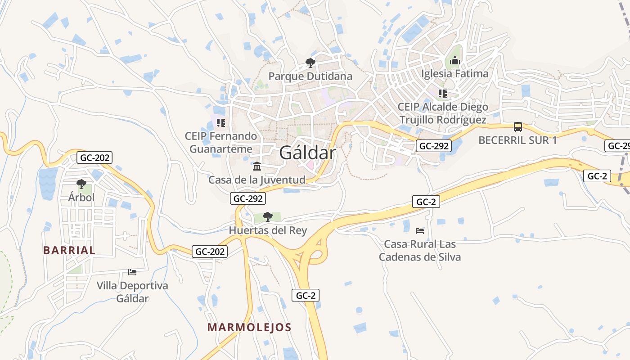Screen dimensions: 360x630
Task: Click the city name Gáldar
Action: (307, 153)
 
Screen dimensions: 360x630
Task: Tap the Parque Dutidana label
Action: (310, 76)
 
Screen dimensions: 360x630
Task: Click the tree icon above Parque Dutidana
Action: (310, 63)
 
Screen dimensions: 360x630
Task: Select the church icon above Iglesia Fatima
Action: (454, 60)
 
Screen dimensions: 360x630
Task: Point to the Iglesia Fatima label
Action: (454, 73)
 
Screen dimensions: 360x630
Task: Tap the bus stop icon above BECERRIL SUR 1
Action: (518, 127)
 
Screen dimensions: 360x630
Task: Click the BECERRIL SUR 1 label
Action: (517, 140)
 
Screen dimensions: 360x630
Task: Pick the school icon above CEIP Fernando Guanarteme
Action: (220, 122)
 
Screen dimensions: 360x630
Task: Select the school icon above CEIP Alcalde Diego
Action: (443, 94)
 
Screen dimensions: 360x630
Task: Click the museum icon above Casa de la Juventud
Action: (257, 166)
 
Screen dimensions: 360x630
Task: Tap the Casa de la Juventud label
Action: (256, 180)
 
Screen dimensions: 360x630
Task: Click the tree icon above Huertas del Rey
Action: (267, 217)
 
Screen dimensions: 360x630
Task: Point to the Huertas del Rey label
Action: (268, 230)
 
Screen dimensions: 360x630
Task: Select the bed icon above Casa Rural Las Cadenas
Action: (420, 231)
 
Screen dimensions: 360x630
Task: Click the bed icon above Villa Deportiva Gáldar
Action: (132, 272)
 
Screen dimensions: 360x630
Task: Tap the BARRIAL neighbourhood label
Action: (69, 250)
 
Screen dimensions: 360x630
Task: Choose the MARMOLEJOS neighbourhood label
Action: (249, 327)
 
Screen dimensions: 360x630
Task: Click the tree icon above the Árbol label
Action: (81, 184)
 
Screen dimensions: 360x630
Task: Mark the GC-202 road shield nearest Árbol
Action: (94, 157)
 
